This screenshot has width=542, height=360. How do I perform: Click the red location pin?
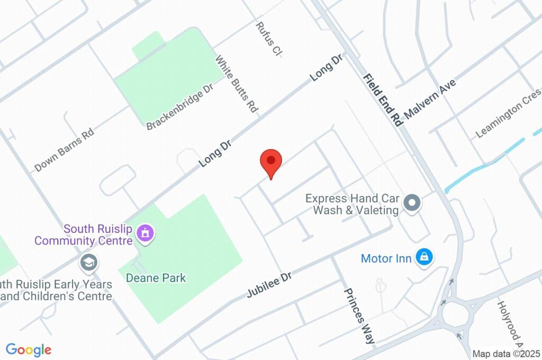coord(271,160)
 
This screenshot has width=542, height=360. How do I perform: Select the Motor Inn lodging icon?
coord(423,257)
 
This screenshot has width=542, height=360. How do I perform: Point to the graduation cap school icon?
coord(88,262)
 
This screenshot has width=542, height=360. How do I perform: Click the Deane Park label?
coord(156,277)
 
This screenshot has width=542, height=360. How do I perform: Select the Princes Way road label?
coord(360,316)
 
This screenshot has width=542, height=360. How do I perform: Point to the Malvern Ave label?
coord(429,99)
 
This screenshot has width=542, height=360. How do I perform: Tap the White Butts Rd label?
coord(236,83)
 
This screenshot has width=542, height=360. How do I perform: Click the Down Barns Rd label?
coord(64,150)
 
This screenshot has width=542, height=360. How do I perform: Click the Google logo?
coord(29,350)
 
